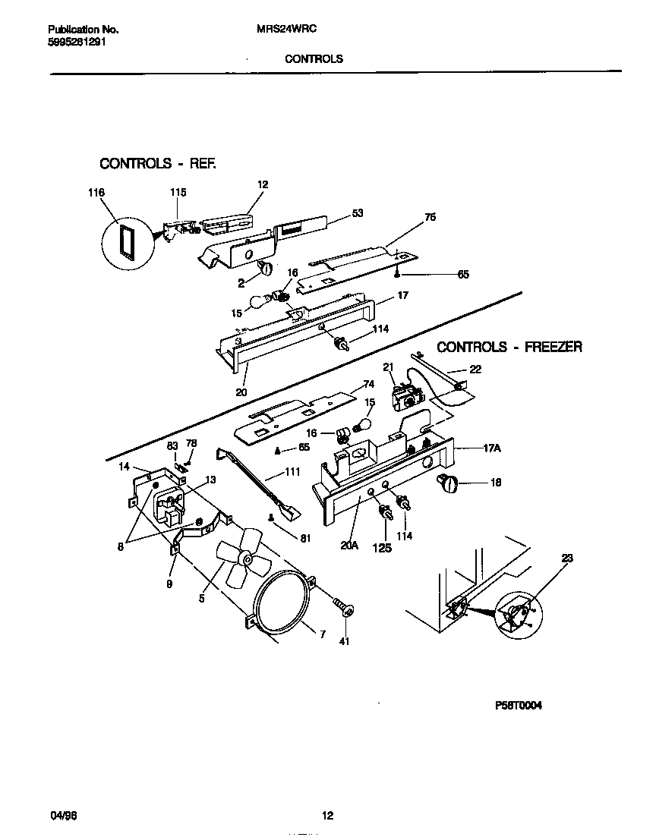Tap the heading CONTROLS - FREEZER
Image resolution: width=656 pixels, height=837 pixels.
tap(509, 347)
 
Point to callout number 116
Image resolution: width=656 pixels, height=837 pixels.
tap(96, 193)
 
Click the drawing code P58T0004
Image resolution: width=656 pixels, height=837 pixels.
tap(519, 704)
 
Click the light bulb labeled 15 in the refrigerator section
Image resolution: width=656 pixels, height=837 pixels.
tap(263, 301)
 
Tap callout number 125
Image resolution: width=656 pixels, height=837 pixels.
tap(383, 547)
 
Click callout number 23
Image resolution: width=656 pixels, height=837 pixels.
tap(567, 559)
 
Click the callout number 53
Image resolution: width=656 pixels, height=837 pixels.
tap(357, 214)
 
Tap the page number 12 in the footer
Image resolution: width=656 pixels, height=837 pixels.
tap(327, 817)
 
